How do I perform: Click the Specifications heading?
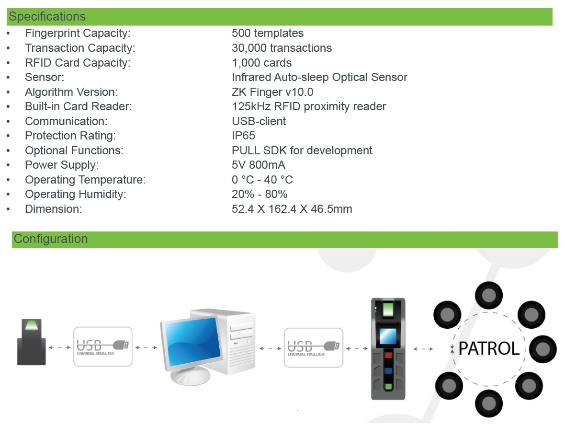click(47, 17)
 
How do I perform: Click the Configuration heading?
click(51, 239)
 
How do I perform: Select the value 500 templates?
click(268, 33)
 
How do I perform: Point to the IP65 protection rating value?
click(244, 136)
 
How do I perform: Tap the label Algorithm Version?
click(71, 92)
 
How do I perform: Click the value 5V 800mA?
click(259, 165)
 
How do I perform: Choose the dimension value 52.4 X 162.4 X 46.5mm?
click(292, 209)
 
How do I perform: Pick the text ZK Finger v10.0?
click(272, 92)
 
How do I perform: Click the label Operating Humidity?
click(76, 195)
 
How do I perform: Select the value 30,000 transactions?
click(282, 48)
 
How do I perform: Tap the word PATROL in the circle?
click(489, 348)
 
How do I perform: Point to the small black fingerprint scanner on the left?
click(31, 342)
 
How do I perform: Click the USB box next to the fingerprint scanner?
click(103, 347)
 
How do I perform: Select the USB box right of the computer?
click(314, 348)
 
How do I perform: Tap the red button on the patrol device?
click(388, 356)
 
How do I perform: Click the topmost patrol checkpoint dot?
click(488, 295)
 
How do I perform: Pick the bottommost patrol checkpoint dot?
click(488, 403)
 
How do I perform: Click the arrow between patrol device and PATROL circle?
click(423, 349)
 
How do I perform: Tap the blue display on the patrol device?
click(388, 336)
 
